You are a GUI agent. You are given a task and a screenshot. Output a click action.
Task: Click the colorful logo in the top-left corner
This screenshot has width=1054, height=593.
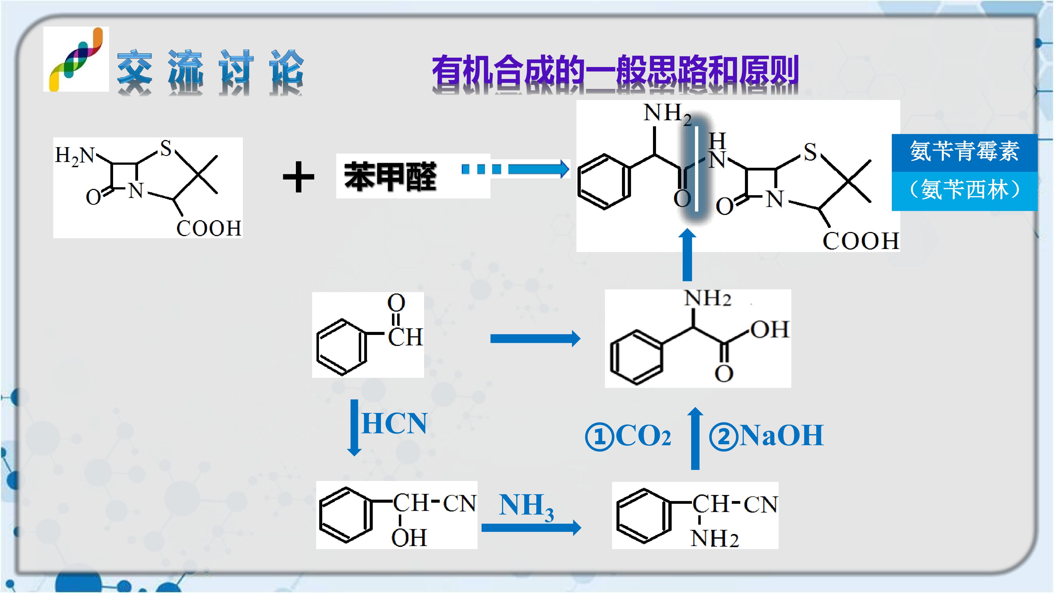[76, 59]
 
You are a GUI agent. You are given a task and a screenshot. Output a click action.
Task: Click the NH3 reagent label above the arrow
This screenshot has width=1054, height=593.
[527, 507]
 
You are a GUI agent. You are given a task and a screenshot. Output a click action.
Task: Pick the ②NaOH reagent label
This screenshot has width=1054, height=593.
[766, 436]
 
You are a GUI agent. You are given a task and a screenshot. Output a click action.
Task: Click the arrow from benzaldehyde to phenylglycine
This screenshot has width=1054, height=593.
[535, 339]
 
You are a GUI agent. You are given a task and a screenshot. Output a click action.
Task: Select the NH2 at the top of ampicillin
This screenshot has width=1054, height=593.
[667, 113]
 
